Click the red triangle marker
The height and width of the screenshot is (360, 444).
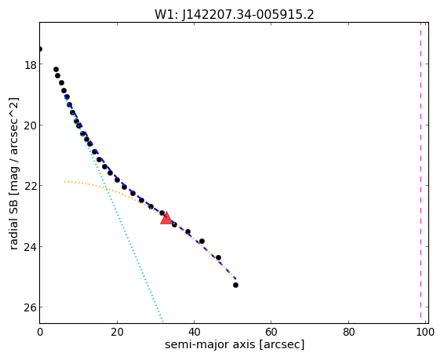166,218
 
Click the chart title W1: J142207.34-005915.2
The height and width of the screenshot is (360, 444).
235,14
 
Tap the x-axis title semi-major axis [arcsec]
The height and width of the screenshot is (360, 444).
235,345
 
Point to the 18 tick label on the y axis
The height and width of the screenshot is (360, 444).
31,65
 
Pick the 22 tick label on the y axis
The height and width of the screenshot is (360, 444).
31,187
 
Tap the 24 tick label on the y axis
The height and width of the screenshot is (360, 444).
31,247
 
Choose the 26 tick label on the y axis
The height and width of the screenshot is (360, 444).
31,308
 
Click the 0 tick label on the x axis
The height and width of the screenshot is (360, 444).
40,332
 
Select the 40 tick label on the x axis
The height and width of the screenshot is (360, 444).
194,332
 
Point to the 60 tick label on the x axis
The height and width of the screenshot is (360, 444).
271,332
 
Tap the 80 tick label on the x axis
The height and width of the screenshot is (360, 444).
348,332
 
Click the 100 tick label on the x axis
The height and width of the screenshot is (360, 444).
425,332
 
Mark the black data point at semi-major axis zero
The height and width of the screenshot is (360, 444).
40,49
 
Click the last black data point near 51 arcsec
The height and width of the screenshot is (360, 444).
235,285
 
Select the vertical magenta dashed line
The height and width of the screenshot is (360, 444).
420,173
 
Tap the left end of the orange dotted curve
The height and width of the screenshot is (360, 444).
65,181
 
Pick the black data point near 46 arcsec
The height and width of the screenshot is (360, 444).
218,257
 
